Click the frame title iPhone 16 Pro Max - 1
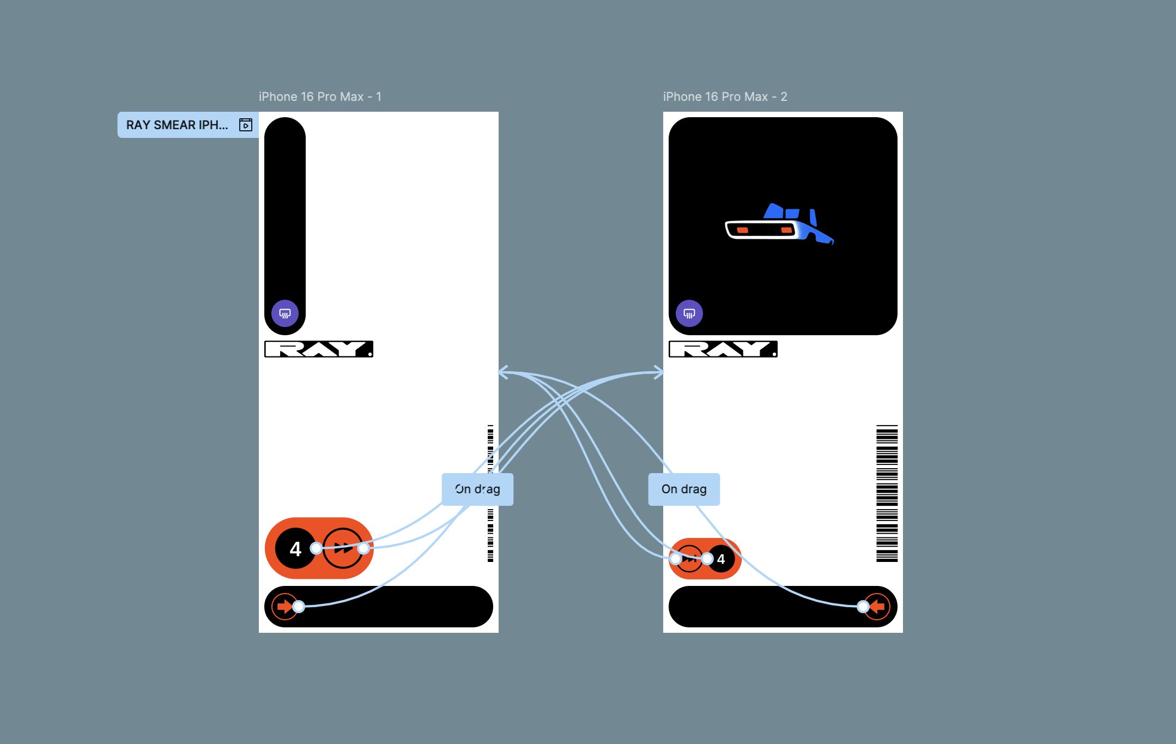point(320,96)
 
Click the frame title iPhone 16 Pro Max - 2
point(725,96)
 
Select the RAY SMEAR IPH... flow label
point(177,125)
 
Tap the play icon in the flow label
point(246,125)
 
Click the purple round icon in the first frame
point(285,313)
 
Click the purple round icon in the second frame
point(689,313)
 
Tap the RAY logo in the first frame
point(319,349)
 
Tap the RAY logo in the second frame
point(723,349)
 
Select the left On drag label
point(477,489)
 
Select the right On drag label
point(684,489)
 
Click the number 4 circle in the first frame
point(295,548)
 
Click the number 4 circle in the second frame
point(722,559)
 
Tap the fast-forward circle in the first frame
point(343,548)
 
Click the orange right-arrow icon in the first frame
point(284,606)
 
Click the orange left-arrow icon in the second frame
point(877,606)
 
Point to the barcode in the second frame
point(887,493)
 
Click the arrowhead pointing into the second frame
point(658,373)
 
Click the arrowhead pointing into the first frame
point(504,373)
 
